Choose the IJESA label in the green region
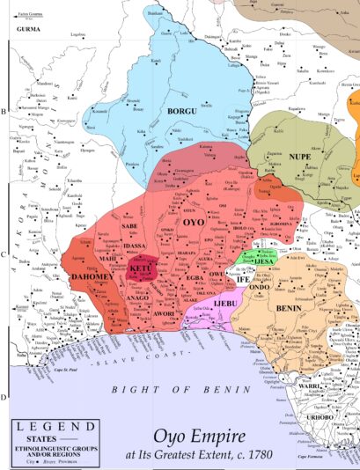(256, 261)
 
